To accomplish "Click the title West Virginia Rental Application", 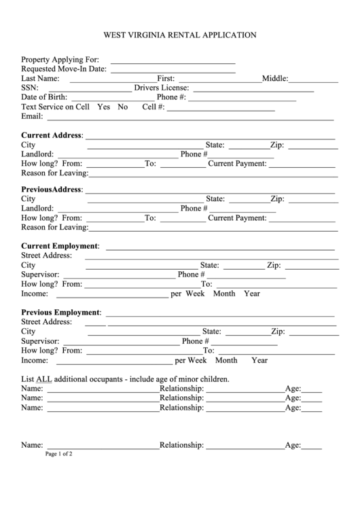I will [x=179, y=33].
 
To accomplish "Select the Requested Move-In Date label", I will [x=64, y=69].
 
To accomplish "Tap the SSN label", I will [x=30, y=88].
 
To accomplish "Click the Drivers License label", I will [x=161, y=88].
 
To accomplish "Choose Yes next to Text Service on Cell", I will [x=104, y=107].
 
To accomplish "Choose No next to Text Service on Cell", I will [x=123, y=107].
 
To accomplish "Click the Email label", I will [x=33, y=117].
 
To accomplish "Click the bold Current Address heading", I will [x=52, y=135].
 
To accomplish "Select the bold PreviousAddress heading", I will [x=52, y=189].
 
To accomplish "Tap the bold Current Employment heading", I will [x=60, y=245].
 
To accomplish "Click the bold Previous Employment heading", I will [x=61, y=313].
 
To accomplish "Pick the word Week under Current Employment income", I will [x=195, y=294].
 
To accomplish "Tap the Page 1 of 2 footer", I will [x=59, y=454].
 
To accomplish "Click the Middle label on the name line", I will [x=275, y=79].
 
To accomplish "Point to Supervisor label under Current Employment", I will [x=40, y=275].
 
